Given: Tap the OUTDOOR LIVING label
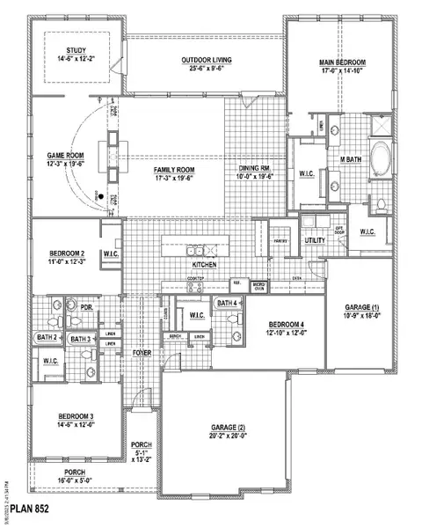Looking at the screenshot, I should pos(203,61).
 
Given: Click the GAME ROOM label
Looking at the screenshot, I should pos(65,156).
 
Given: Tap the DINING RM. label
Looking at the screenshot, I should pos(256,169).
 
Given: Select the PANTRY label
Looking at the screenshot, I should pos(280,238).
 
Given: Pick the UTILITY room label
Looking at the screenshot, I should pos(315,239).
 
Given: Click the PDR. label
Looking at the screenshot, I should pos(87,308).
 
